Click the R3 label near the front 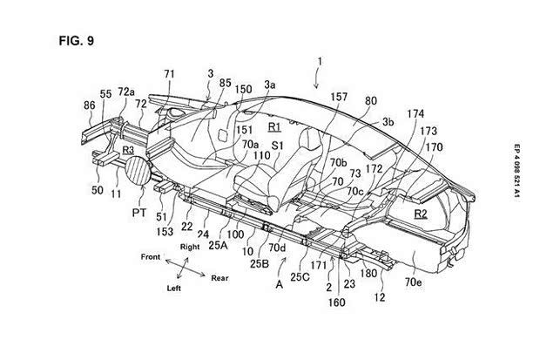pyautogui.click(x=128, y=150)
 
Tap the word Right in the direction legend pyautogui.click(x=192, y=247)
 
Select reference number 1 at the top pyautogui.click(x=320, y=62)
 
